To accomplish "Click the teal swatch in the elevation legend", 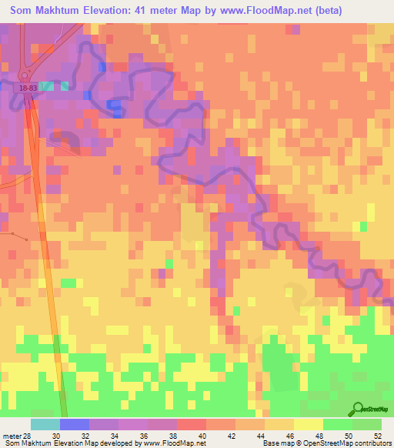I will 45,424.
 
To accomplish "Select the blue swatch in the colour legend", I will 74,424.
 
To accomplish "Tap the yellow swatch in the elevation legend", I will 308,424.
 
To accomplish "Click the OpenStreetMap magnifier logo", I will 358,408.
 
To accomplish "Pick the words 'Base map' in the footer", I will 276,443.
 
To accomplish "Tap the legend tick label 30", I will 56,436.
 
